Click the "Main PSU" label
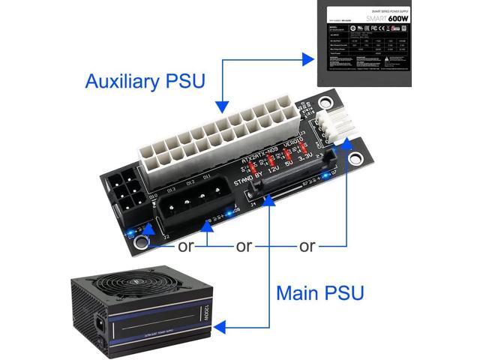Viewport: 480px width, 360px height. click(320, 292)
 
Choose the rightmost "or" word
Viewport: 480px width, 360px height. click(307, 245)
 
